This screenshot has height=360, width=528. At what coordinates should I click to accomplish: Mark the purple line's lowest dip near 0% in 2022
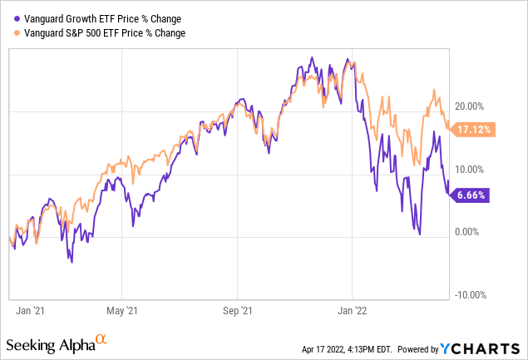(419, 234)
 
